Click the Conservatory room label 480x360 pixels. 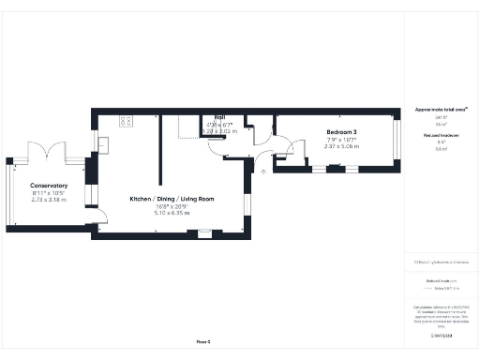48,185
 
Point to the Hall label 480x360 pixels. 220,117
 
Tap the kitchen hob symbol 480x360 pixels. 126,120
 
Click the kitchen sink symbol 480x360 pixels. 103,143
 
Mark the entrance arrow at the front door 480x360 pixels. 263,172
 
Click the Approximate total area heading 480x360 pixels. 441,110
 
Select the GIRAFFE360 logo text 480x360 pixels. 441,334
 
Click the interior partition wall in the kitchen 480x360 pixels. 161,150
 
